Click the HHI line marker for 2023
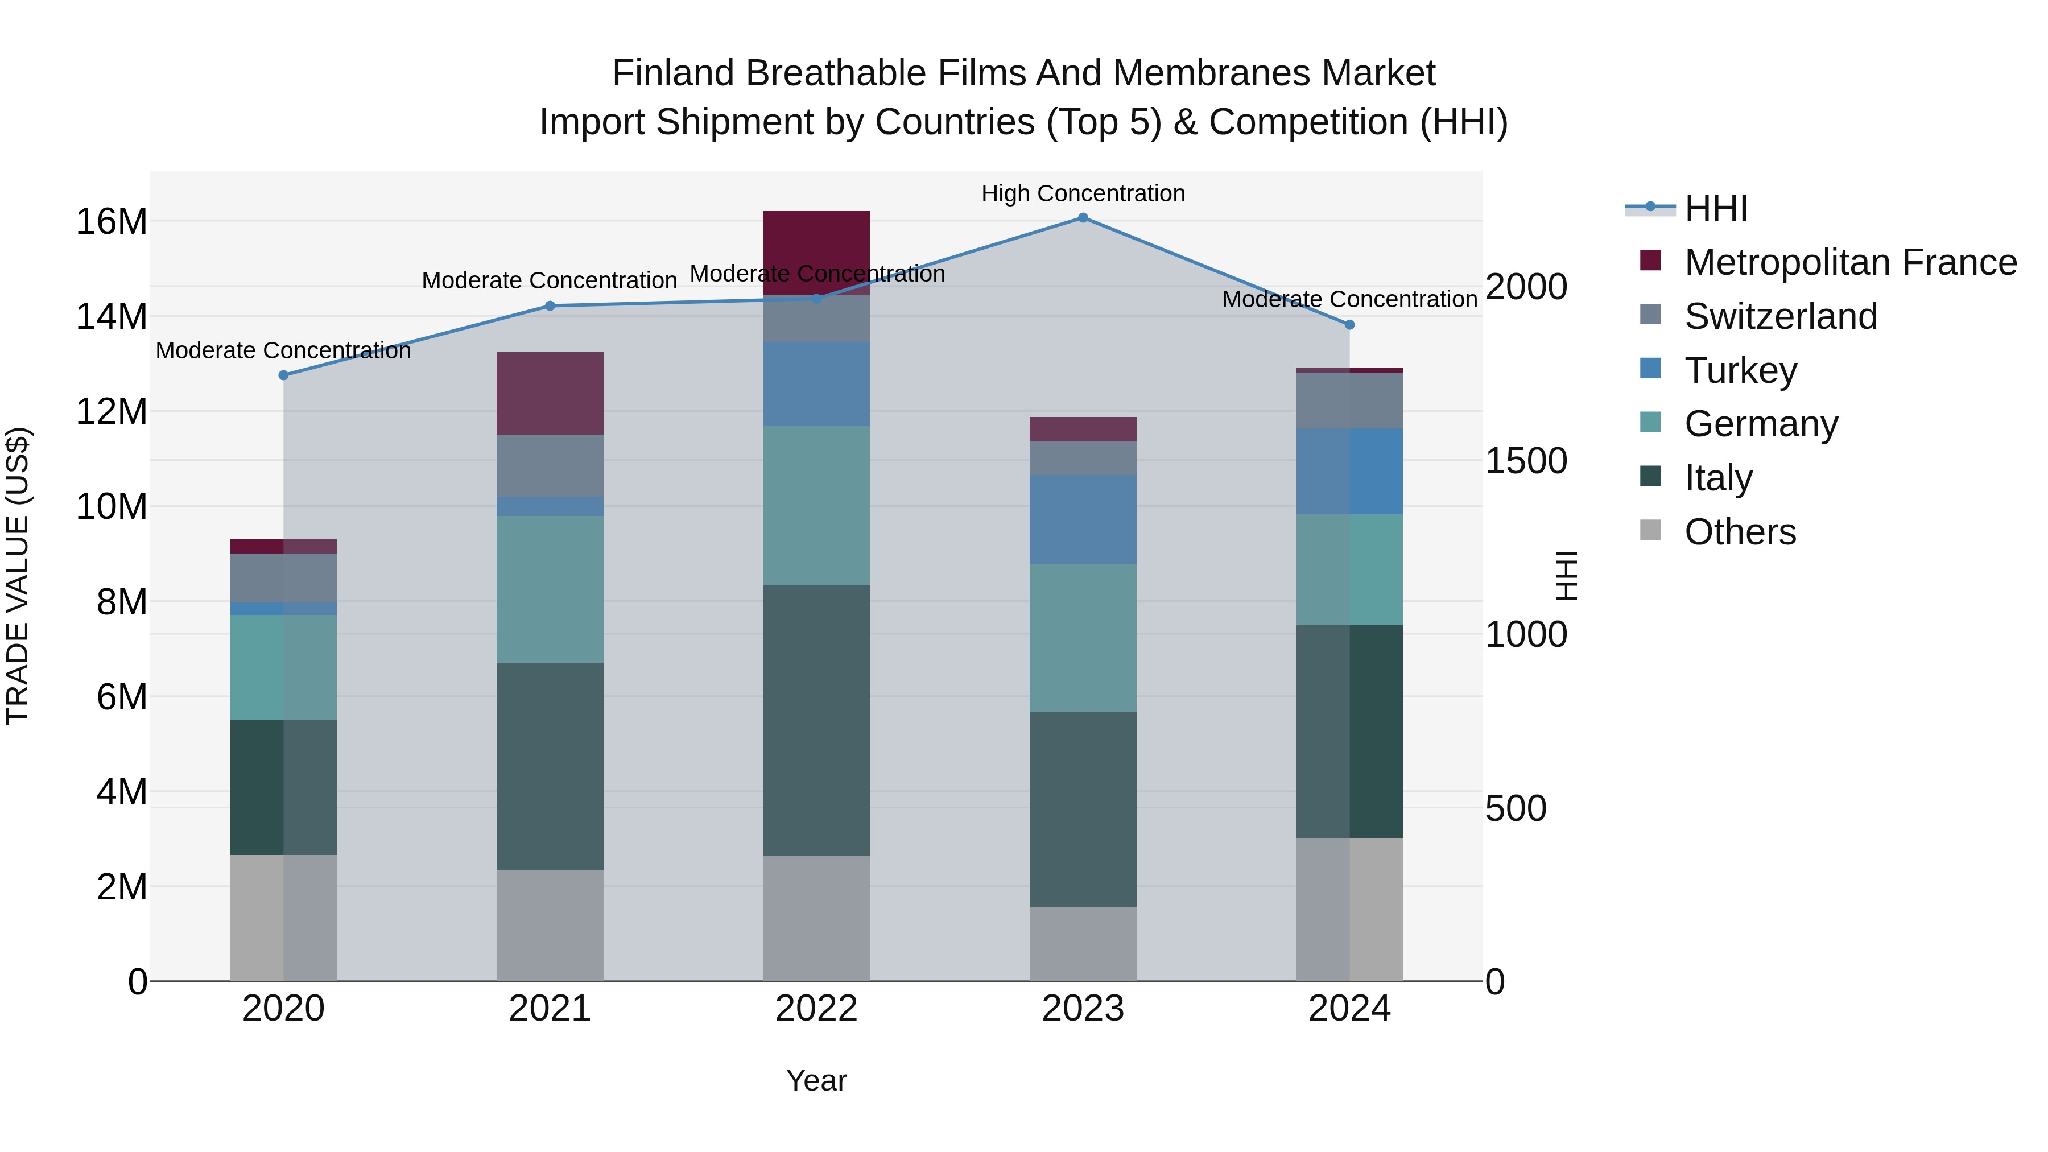1083,217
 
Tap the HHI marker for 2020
283,375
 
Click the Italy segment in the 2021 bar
550,766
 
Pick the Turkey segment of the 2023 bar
1083,520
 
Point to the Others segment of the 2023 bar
1083,944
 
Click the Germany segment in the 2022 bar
816,506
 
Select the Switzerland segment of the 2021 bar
550,466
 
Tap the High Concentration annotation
1083,193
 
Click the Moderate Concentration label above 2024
1349,300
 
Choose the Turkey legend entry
1740,370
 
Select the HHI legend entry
1716,208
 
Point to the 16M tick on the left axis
112,222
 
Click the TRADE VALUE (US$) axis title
18,576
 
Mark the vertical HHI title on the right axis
1566,576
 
